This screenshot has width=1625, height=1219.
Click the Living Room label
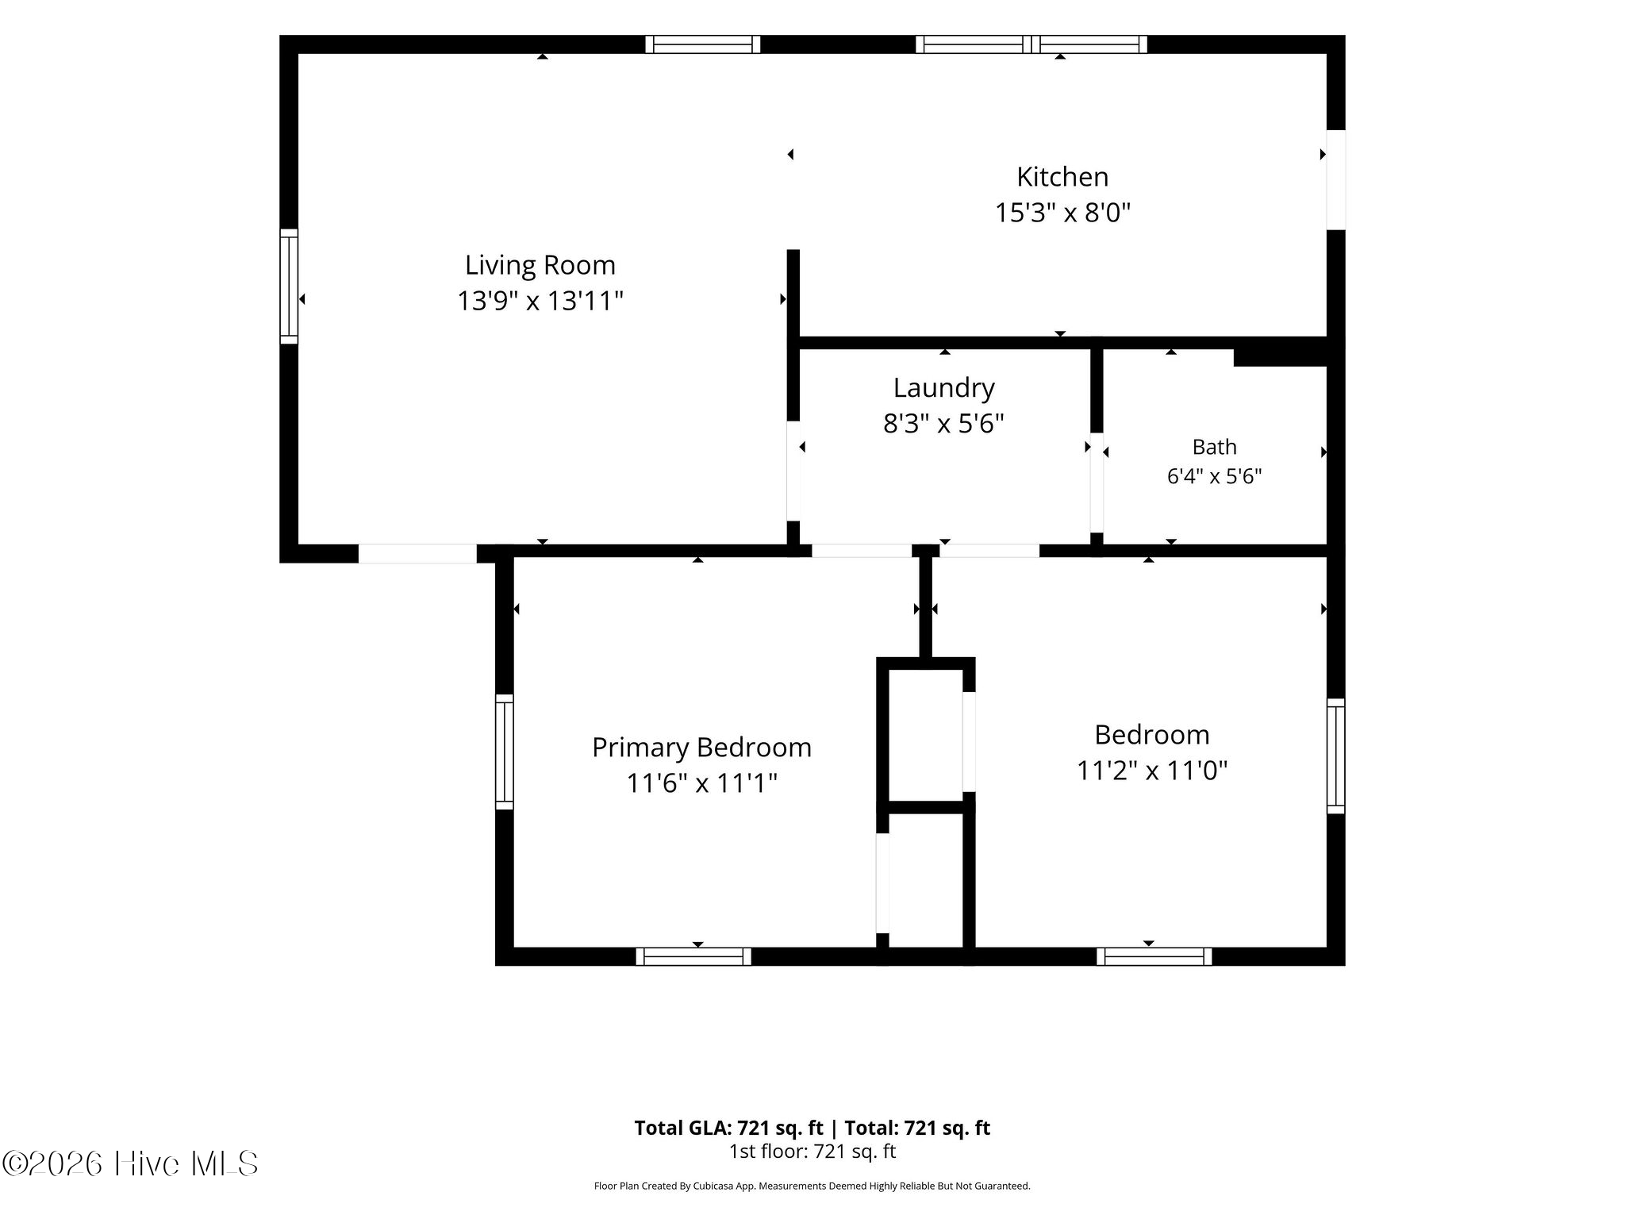coord(540,265)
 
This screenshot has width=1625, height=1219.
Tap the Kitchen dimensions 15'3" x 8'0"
coord(1063,213)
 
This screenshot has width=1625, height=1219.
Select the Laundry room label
coord(944,388)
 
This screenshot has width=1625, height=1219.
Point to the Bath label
coord(1215,447)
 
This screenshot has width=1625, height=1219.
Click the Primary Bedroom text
coord(702,748)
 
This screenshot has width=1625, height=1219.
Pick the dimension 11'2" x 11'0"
coord(1152,771)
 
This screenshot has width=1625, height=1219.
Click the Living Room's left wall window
coord(289,286)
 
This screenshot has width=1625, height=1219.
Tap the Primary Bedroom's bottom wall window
coord(693,956)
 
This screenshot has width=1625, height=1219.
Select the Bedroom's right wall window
coord(1336,756)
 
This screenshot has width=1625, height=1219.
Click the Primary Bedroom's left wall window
coord(505,752)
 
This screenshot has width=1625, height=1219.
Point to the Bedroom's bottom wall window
coord(1154,956)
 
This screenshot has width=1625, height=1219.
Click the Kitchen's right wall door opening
coord(1336,180)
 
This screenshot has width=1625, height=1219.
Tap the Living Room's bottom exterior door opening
coord(417,553)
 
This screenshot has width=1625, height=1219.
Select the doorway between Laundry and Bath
coord(1097,483)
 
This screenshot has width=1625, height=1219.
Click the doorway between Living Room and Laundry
coord(793,471)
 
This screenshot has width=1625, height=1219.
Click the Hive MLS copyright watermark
coord(130,1164)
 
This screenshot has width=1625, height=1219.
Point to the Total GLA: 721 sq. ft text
coord(728,1128)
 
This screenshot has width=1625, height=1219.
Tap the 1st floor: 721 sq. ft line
coord(812,1152)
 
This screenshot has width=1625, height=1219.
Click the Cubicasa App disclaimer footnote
coord(812,1186)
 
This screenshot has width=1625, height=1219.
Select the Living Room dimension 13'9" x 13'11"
coord(540,302)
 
